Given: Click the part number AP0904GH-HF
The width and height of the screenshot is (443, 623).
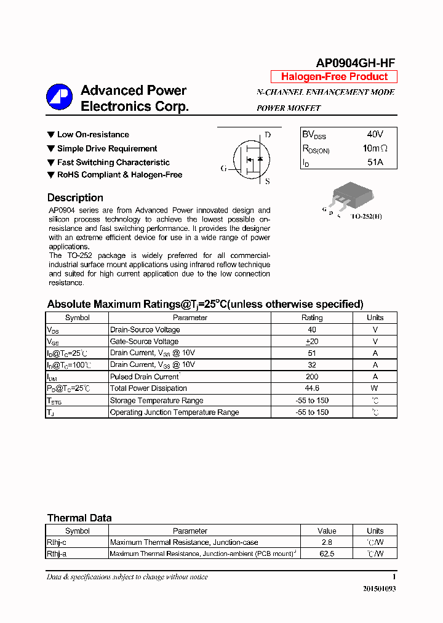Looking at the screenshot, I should pyautogui.click(x=355, y=63).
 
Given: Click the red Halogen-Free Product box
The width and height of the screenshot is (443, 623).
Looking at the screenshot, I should pyautogui.click(x=334, y=77).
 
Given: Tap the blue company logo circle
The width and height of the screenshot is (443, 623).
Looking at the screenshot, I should pyautogui.click(x=60, y=97).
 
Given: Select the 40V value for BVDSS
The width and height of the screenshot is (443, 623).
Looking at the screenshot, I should pyautogui.click(x=375, y=134).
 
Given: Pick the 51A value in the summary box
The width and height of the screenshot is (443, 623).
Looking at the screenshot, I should pyautogui.click(x=375, y=162).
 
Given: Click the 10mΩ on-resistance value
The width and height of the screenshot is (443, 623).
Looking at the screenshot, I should pyautogui.click(x=375, y=148).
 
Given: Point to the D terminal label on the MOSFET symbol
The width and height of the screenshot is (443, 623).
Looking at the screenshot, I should pyautogui.click(x=268, y=135).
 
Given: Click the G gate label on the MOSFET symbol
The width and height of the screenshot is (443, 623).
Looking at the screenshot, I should pyautogui.click(x=223, y=168).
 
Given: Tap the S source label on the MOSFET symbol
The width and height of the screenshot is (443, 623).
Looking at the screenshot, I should pyautogui.click(x=268, y=181).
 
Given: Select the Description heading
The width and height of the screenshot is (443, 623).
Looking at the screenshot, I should pyautogui.click(x=75, y=198).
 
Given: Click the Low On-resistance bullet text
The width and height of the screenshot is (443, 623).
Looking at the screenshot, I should pyautogui.click(x=93, y=135).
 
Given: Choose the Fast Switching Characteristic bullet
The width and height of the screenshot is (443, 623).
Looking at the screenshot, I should pyautogui.click(x=113, y=163).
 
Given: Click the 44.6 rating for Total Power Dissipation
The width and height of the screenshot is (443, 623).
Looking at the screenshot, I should pyautogui.click(x=312, y=388).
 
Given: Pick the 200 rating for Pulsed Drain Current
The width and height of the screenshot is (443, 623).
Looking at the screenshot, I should pyautogui.click(x=312, y=377).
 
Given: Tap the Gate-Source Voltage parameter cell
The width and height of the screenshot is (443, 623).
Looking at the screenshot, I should pyautogui.click(x=144, y=342).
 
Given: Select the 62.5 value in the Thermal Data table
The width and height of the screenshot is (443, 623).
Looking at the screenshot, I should pyautogui.click(x=327, y=554).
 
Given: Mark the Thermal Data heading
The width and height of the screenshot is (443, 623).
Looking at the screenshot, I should pyautogui.click(x=79, y=518).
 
